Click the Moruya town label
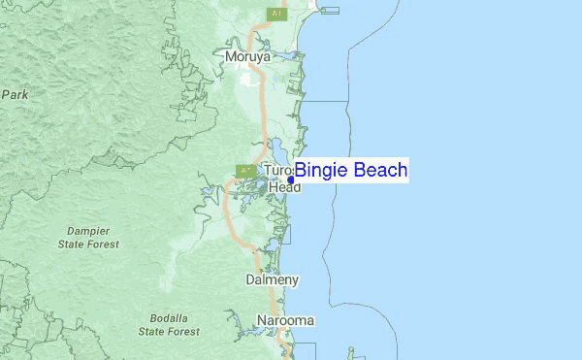[246, 56]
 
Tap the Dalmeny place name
[272, 279]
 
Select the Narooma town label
[285, 320]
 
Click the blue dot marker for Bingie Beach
[291, 180]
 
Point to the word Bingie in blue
[319, 171]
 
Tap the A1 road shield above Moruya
[277, 14]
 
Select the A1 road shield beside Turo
[245, 171]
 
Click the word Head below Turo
[284, 186]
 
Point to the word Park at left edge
[14, 95]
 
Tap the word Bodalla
[170, 317]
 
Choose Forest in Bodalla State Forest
[183, 331]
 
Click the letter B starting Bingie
[301, 171]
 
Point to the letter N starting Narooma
[262, 320]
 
